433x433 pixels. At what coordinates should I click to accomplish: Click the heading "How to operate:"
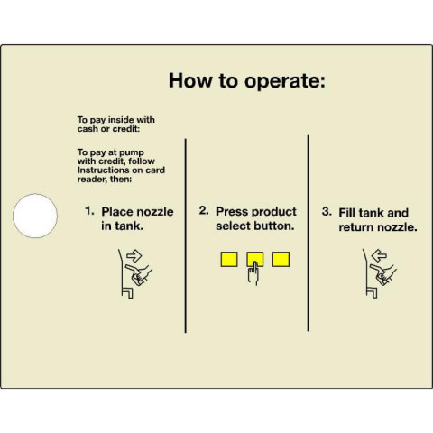[x=246, y=80]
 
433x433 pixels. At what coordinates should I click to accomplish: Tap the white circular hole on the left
[x=34, y=216]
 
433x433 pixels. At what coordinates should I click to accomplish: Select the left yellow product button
[x=229, y=260]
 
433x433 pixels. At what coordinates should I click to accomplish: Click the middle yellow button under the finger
[x=255, y=259]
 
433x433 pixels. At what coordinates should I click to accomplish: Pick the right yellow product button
[x=281, y=260]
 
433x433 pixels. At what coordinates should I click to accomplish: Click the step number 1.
[x=89, y=211]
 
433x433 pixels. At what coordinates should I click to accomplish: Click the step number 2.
[x=204, y=211]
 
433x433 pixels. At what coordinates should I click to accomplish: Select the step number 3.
[x=327, y=213]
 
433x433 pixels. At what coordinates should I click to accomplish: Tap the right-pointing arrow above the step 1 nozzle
[x=136, y=255]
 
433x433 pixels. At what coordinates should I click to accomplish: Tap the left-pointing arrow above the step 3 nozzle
[x=377, y=255]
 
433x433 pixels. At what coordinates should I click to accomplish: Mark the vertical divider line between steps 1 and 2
[x=186, y=235]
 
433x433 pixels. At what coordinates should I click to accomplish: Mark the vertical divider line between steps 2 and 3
[x=309, y=235]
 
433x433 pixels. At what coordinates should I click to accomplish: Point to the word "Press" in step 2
[x=232, y=211]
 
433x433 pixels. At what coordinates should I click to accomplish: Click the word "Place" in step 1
[x=117, y=211]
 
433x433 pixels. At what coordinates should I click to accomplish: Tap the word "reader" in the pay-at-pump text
[x=91, y=179]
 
